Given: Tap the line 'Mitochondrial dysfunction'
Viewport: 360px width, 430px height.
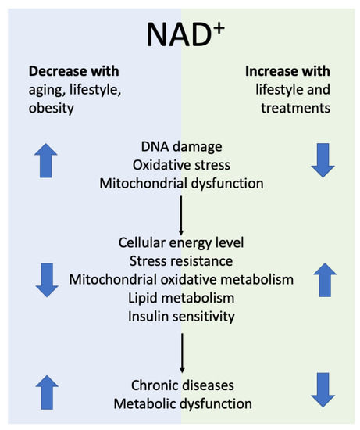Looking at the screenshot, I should (x=180, y=185).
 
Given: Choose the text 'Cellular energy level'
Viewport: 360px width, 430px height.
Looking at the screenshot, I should (x=180, y=242).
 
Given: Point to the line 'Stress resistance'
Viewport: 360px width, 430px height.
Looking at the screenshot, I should (x=180, y=261).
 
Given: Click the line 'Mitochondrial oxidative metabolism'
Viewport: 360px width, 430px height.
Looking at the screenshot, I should (x=180, y=280).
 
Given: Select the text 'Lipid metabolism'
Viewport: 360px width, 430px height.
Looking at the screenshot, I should (x=180, y=299).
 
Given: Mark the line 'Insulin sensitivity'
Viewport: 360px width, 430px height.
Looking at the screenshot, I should (x=180, y=317).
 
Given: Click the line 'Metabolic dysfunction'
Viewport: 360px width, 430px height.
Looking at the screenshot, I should (x=180, y=403).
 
